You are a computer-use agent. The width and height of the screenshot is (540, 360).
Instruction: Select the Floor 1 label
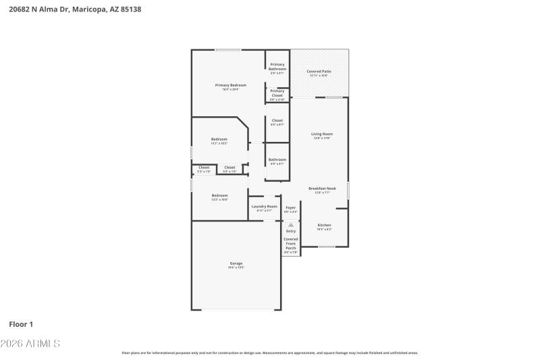pyautogui.click(x=21, y=324)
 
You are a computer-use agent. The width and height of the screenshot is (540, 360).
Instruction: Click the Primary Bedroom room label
pyautogui.click(x=230, y=85)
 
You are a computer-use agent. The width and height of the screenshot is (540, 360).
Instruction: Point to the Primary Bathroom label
pyautogui.click(x=277, y=67)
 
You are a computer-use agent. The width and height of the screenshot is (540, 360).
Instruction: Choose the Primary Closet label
pyautogui.click(x=277, y=93)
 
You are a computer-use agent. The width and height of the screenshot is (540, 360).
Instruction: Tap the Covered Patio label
pyautogui.click(x=319, y=72)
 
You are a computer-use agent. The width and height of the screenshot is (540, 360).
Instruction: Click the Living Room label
pyautogui.click(x=322, y=134)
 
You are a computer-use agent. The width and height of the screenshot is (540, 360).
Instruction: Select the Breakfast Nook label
pyautogui.click(x=322, y=188)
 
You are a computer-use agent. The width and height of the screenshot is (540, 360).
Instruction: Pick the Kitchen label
pyautogui.click(x=324, y=225)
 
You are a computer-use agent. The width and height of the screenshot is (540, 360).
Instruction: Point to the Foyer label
pyautogui.click(x=290, y=207)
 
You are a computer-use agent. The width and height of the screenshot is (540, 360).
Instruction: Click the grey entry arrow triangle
pyautogui.click(x=291, y=225)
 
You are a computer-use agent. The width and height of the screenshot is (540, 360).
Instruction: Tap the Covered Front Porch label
pyautogui.click(x=290, y=243)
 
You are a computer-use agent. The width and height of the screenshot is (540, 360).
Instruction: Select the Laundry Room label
pyautogui.click(x=264, y=207)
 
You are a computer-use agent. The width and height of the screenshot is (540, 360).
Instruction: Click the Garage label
pyautogui.click(x=236, y=263)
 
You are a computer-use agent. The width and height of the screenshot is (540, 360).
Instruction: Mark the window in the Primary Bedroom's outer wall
pyautogui.click(x=228, y=50)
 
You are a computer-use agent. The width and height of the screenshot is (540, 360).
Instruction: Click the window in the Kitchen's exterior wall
pyautogui.click(x=326, y=247)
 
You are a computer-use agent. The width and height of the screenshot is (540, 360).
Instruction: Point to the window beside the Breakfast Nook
pyautogui.click(x=348, y=190)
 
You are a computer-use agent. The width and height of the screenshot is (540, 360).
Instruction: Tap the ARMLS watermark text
pyautogui.click(x=30, y=344)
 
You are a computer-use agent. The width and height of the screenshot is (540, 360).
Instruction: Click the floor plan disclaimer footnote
pyautogui.click(x=270, y=353)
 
